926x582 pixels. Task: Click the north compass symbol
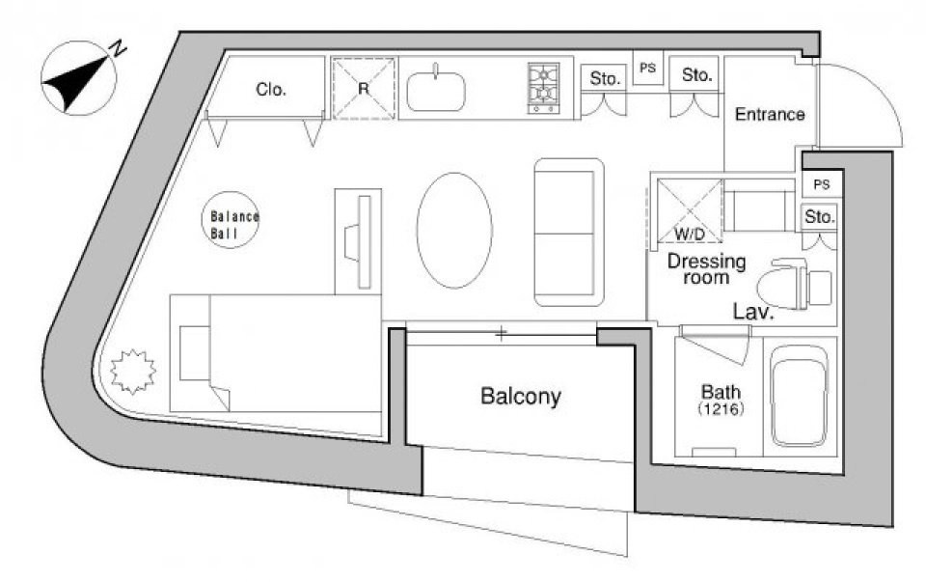tap(78, 77)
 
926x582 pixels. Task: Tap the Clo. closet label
tap(270, 89)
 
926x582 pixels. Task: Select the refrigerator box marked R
tap(364, 89)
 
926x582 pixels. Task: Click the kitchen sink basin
tap(436, 91)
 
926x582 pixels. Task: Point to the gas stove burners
tap(543, 88)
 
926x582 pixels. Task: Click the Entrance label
tap(770, 114)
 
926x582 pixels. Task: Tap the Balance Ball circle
tap(231, 220)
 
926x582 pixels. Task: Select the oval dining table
tap(454, 231)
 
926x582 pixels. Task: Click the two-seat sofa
tap(569, 233)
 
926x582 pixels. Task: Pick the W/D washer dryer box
tap(689, 211)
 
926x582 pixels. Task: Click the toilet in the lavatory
tap(794, 284)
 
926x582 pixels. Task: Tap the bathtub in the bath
tap(801, 396)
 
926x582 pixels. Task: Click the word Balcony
tap(520, 397)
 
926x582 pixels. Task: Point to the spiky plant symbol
tap(133, 372)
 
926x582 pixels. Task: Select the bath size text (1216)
tap(721, 408)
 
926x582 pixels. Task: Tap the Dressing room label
tap(706, 269)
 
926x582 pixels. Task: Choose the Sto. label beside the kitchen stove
tap(605, 78)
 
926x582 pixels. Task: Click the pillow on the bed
tap(194, 352)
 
